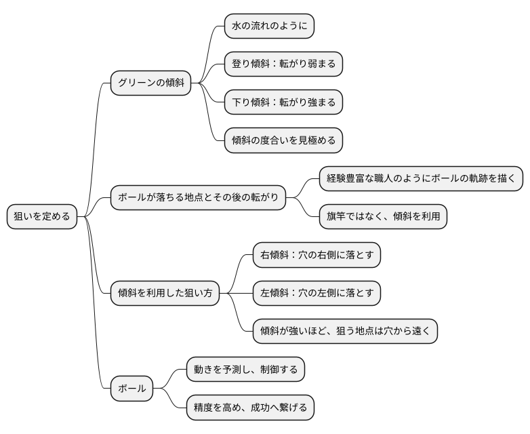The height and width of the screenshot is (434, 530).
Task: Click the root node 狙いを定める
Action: pyautogui.click(x=42, y=217)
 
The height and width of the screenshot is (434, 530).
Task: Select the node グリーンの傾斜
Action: pyautogui.click(x=150, y=83)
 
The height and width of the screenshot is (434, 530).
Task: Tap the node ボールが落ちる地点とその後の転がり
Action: pyautogui.click(x=198, y=198)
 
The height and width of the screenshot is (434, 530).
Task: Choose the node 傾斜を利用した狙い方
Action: pyautogui.click(x=165, y=293)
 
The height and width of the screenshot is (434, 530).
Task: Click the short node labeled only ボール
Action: pyautogui.click(x=132, y=389)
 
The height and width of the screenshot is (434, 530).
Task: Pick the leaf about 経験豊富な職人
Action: pyautogui.click(x=422, y=178)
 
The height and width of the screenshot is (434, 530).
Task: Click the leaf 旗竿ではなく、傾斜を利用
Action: pyautogui.click(x=384, y=217)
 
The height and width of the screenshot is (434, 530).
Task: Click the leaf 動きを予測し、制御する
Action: pyautogui.click(x=245, y=370)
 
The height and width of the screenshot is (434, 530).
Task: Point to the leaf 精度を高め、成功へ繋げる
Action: pyautogui.click(x=250, y=408)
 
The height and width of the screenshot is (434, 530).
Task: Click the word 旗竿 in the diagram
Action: pyautogui.click(x=338, y=217)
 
